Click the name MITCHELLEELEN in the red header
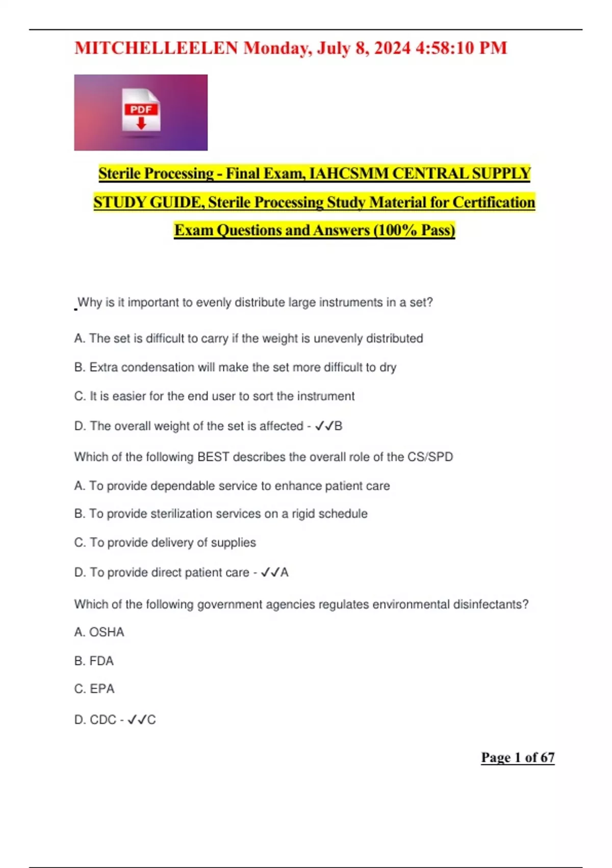[x=156, y=48]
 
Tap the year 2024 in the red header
[x=392, y=48]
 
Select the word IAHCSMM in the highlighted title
[x=348, y=174]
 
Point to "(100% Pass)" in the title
[x=414, y=230]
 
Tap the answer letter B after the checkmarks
[x=338, y=426]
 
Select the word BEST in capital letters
[x=213, y=456]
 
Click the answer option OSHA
[x=107, y=632]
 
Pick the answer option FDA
[x=101, y=661]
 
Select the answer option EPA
[x=102, y=689]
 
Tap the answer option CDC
[x=103, y=719]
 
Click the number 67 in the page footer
[x=547, y=757]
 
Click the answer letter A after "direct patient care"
[x=284, y=572]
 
